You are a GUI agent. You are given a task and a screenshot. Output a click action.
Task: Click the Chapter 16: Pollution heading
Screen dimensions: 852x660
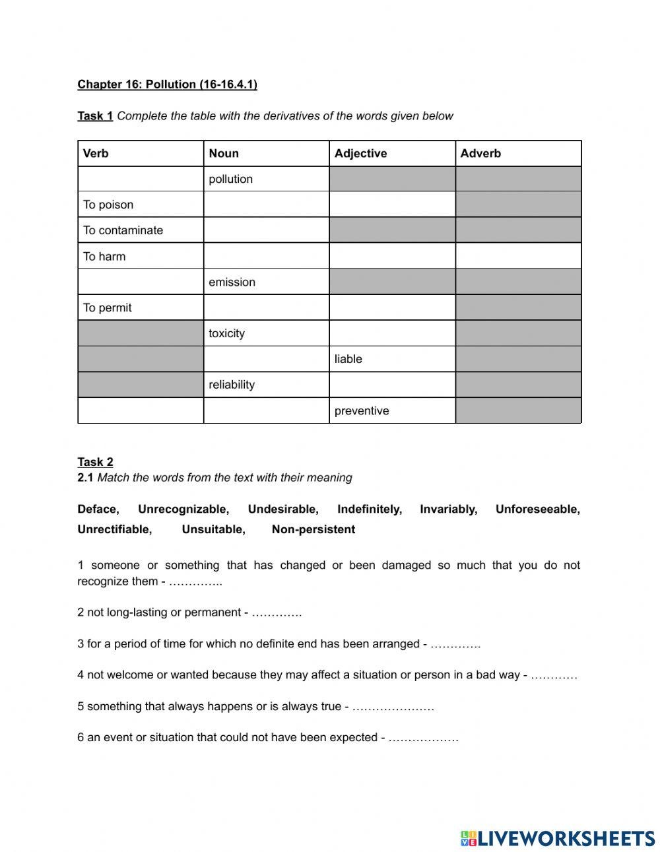coord(167,84)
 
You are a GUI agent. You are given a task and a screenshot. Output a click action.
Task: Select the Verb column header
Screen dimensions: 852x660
coord(96,153)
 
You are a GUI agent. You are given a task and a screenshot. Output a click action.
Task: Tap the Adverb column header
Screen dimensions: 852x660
coord(480,153)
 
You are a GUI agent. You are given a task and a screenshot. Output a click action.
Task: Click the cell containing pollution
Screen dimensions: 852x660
coord(231,179)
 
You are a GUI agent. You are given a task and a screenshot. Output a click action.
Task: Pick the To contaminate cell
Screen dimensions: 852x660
coord(123,230)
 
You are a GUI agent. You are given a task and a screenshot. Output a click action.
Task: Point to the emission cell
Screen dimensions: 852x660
coord(232,282)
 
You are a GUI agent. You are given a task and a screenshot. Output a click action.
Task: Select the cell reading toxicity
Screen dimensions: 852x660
coord(226,333)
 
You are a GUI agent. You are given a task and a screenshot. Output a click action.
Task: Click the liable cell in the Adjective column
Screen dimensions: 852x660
coord(348,359)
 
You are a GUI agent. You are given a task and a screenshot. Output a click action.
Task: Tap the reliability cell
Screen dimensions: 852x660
coord(232,385)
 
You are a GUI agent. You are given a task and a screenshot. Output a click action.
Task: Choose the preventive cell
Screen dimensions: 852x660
coord(362,410)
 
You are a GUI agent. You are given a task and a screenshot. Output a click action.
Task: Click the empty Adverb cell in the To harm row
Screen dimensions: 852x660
coord(518,256)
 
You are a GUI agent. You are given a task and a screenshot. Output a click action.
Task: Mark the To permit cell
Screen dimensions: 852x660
coord(108,308)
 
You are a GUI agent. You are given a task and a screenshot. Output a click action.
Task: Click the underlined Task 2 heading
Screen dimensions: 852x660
coord(95,462)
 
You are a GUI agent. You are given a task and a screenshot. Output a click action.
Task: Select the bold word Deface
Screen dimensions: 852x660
coord(97,509)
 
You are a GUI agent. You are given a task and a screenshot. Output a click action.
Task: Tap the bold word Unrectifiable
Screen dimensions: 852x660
coord(114,529)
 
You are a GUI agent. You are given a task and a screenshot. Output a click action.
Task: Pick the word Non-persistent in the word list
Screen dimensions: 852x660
coord(313,529)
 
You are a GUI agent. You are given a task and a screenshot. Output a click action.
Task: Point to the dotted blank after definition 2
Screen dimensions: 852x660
coord(277,612)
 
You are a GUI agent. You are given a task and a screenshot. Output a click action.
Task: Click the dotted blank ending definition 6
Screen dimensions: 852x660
coord(423,738)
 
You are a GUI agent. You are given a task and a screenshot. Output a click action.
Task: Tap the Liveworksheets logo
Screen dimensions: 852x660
coord(558,838)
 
